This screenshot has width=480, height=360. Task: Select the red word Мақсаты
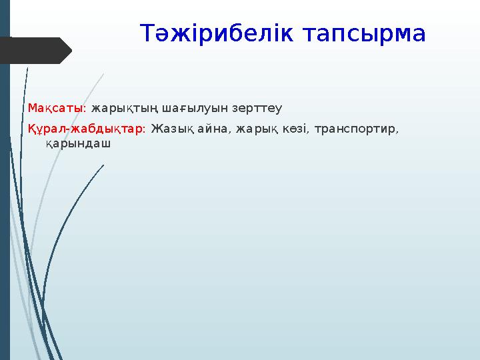click(55, 107)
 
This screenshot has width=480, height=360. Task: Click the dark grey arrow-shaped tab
click(37, 51)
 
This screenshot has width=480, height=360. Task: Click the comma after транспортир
click(399, 131)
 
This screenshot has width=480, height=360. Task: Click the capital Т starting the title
click(147, 33)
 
